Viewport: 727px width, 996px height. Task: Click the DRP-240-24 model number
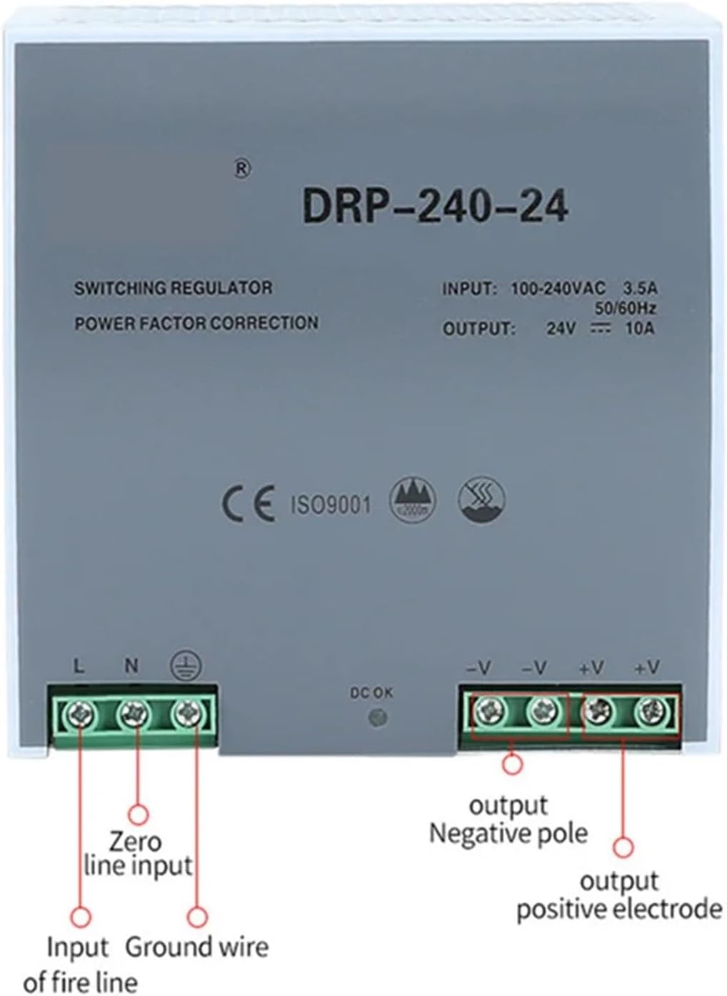435,206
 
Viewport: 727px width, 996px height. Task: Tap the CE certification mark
248,504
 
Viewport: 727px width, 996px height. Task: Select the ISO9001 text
331,505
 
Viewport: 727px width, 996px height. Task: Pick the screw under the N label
133,712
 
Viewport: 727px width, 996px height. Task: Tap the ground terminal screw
186,712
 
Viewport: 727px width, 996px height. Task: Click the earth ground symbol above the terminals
186,667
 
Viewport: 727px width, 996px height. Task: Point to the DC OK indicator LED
372,717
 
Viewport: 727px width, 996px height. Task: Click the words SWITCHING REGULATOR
173,288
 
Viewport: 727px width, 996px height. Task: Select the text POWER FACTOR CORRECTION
196,323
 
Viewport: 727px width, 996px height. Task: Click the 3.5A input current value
640,289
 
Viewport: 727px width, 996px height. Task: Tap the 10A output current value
639,329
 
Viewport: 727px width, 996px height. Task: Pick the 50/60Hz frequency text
626,309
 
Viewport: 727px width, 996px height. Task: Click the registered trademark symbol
243,169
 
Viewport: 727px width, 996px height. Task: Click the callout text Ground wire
197,947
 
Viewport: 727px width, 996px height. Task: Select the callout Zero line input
138,854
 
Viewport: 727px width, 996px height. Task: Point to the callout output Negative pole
508,820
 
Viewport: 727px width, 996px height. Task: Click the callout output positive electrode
619,895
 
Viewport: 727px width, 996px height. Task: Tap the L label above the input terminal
79,667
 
